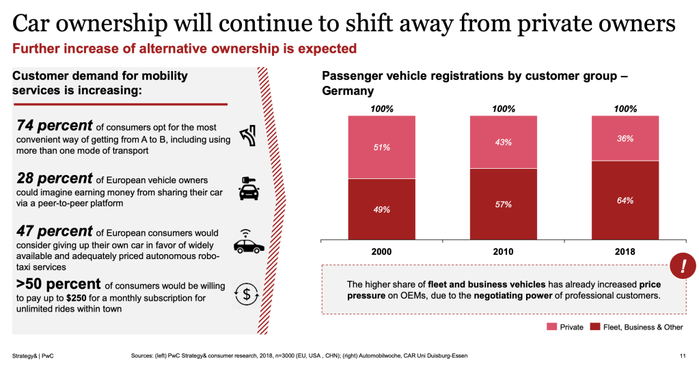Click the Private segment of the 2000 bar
[381, 147]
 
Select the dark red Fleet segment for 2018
[625, 201]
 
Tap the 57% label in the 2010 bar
[504, 204]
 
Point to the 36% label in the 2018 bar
[625, 138]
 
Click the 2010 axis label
[504, 252]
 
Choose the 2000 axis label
[381, 252]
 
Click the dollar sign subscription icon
[245, 293]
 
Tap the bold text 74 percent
[54, 126]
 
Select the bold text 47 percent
[54, 231]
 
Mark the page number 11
[682, 355]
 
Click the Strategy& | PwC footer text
[33, 355]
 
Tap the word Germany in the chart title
[348, 91]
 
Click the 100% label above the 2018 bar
[625, 109]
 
